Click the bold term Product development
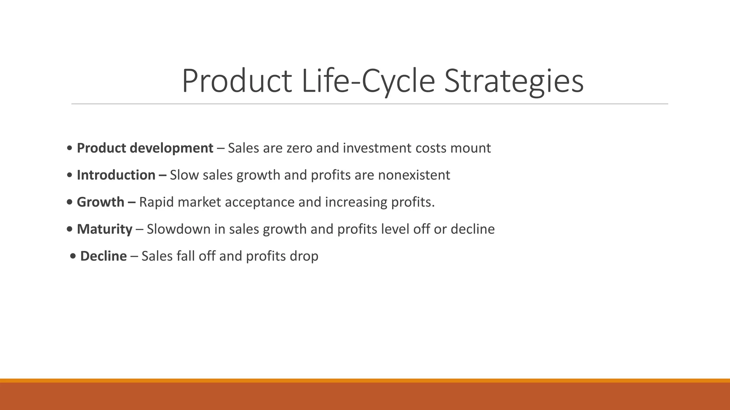145,148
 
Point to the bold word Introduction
116,175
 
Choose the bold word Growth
101,202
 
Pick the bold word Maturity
104,229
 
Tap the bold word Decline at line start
103,256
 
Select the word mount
471,148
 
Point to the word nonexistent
414,175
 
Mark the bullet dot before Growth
70,203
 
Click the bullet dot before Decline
73,257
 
